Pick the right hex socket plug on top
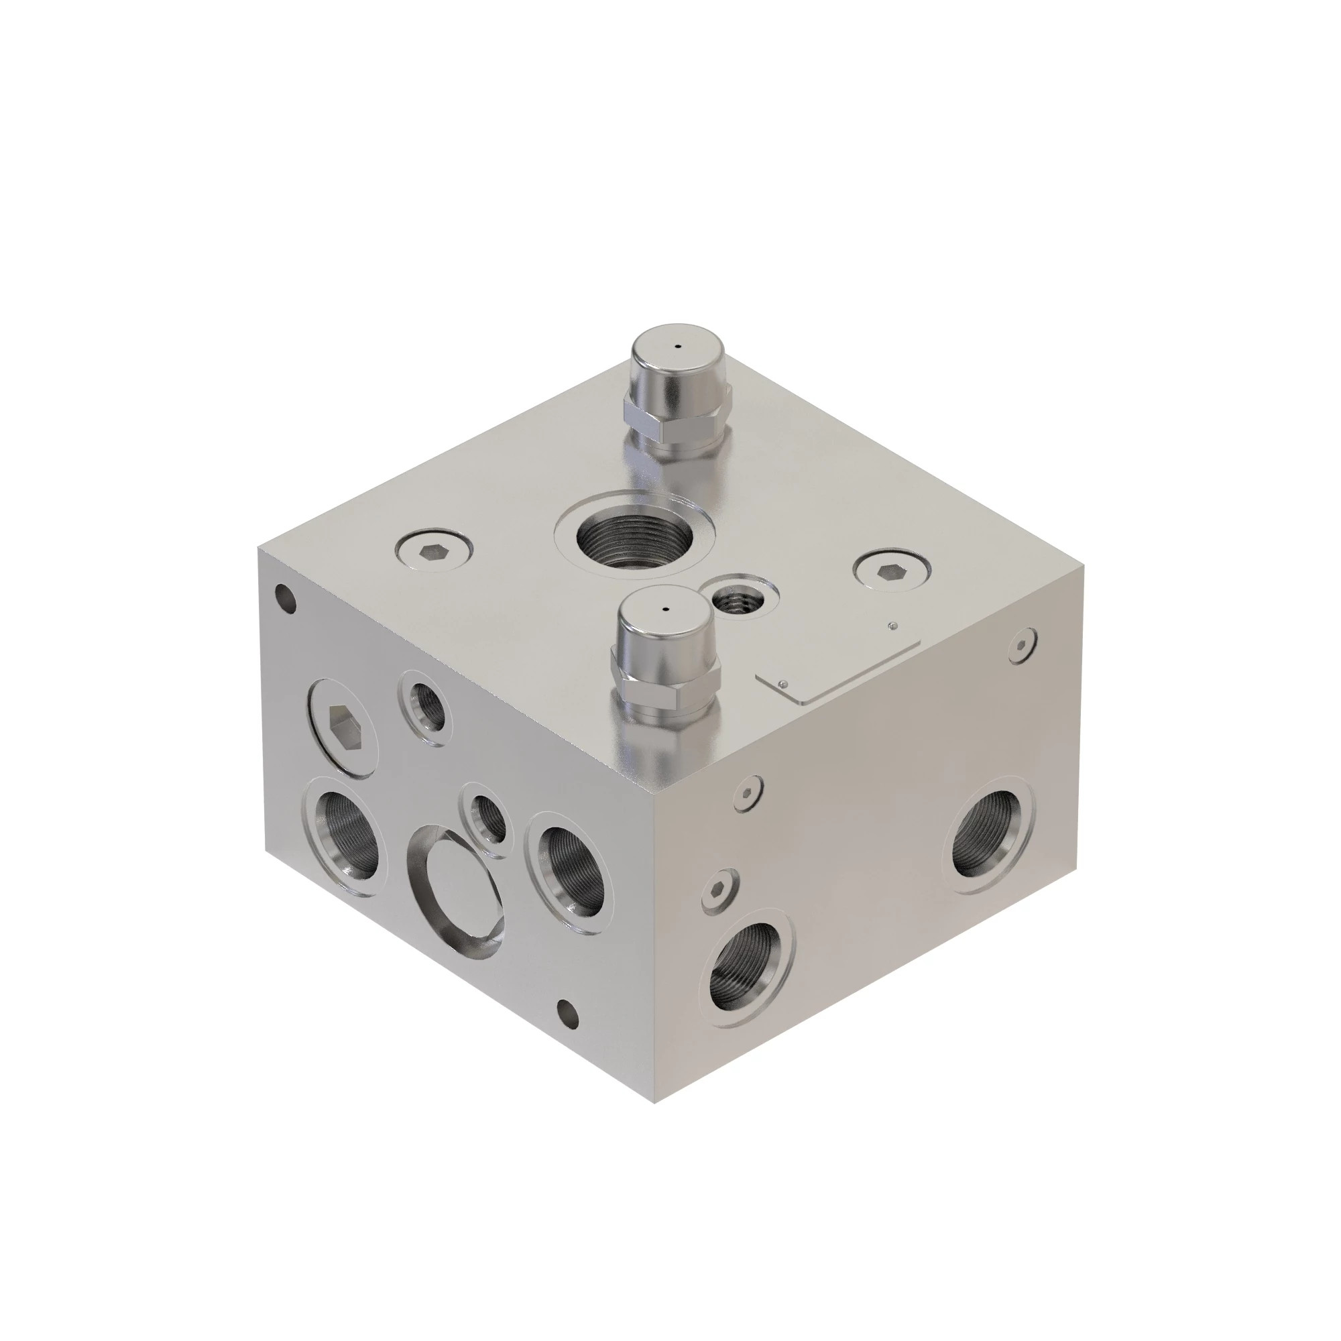tap(892, 571)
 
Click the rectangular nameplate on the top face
tap(839, 667)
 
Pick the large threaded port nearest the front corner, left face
tap(570, 872)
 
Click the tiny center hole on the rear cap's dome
tap(678, 344)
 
